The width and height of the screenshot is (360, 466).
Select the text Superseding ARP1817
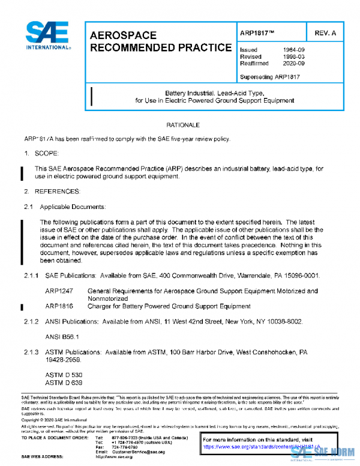(x=269, y=77)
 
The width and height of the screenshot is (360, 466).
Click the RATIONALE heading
(x=182, y=125)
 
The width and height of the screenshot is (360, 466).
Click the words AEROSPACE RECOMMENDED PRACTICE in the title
(x=160, y=41)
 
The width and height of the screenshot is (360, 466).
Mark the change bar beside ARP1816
(x=22, y=307)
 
